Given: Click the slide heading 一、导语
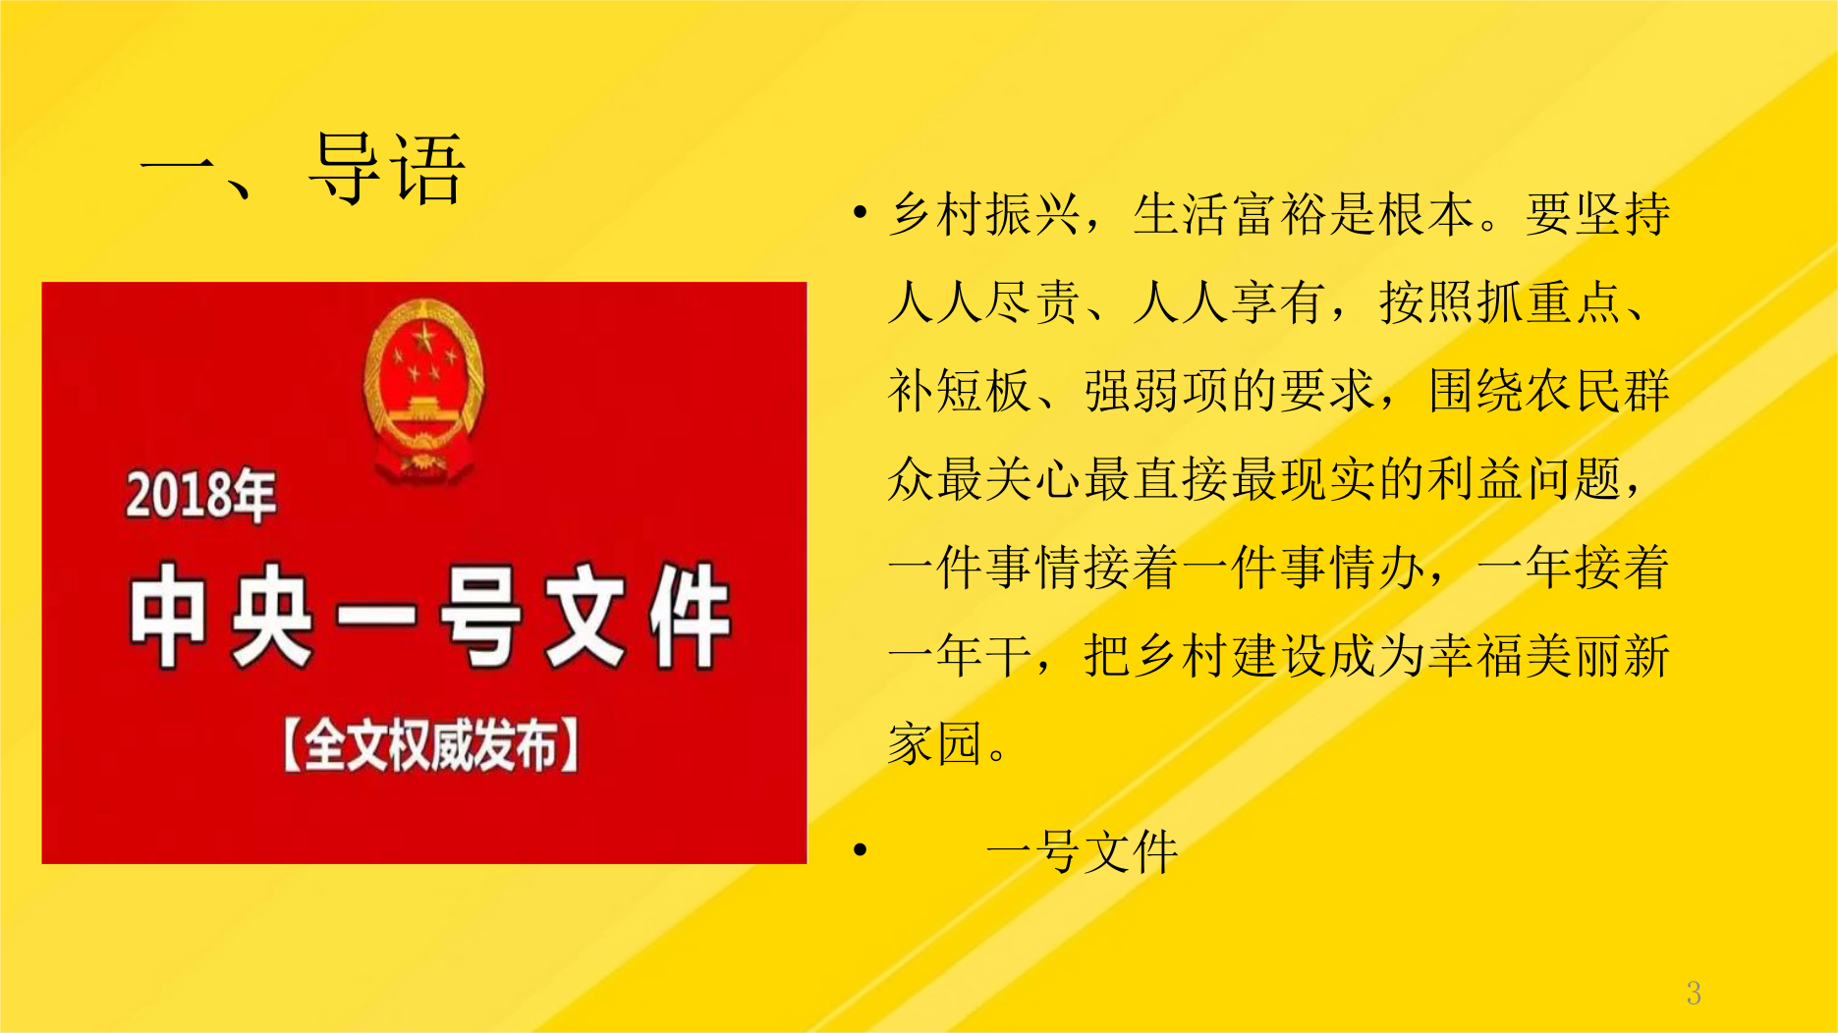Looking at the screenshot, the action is click(x=303, y=169).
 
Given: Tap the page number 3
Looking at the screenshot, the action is click(x=1694, y=993).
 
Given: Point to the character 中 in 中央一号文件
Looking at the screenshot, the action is click(x=168, y=616).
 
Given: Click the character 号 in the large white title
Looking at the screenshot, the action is click(x=478, y=616).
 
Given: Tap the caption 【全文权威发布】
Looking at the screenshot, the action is click(x=430, y=745).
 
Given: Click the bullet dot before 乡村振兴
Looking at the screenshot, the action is click(x=861, y=212).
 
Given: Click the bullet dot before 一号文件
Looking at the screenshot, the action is click(x=861, y=850).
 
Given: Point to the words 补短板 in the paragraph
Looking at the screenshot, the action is click(x=960, y=391).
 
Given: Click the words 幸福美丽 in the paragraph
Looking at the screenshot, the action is click(x=1525, y=656).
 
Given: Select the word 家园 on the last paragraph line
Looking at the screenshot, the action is click(x=935, y=744).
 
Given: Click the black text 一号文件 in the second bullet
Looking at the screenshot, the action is click(x=1083, y=851).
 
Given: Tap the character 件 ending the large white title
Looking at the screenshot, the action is click(x=689, y=616).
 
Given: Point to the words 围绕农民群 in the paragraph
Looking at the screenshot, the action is click(x=1549, y=391).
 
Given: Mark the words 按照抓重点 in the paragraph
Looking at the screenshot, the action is click(x=1500, y=302).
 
